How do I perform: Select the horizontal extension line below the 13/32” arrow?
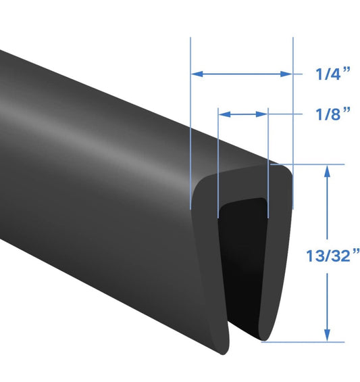point(304,342)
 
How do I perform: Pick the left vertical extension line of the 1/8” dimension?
point(218,162)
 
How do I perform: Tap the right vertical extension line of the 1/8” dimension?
point(268,162)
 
